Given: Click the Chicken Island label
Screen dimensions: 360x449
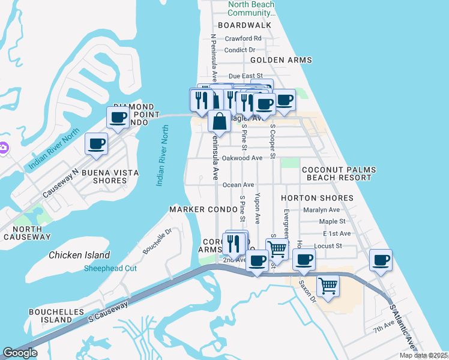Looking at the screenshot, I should pos(79,255).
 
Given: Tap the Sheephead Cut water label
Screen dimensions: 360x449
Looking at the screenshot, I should pos(110,268).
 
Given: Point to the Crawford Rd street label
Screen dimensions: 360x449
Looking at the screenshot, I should pos(243,38).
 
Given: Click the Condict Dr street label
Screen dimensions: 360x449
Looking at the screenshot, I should pos(240,50).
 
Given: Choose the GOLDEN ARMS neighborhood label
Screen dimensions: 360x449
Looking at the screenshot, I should pos(281,60).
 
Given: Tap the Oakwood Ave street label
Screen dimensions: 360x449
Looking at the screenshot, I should pos(243,158).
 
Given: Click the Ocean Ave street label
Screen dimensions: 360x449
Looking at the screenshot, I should pos(238,185).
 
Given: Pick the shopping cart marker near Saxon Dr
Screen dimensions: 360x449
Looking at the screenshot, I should pos(328,286).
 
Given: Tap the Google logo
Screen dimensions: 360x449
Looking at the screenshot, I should pos(20,353).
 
